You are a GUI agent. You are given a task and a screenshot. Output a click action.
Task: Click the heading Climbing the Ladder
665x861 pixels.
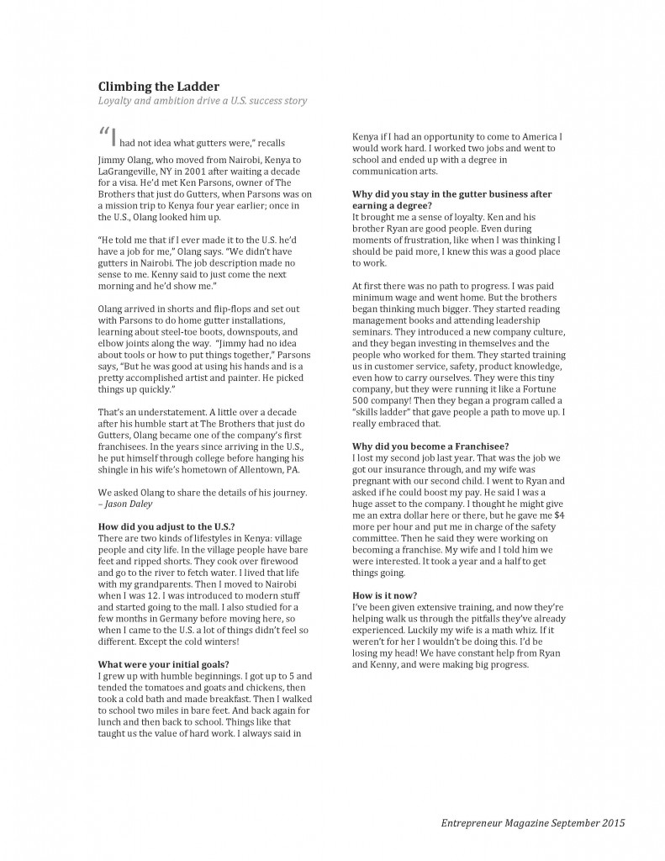(x=159, y=86)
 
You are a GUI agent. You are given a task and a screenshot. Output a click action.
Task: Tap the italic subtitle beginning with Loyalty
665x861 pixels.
(x=203, y=101)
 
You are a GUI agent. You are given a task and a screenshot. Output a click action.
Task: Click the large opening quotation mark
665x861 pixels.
(x=104, y=135)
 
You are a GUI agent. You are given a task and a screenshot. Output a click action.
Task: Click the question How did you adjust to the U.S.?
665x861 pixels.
(x=166, y=526)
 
